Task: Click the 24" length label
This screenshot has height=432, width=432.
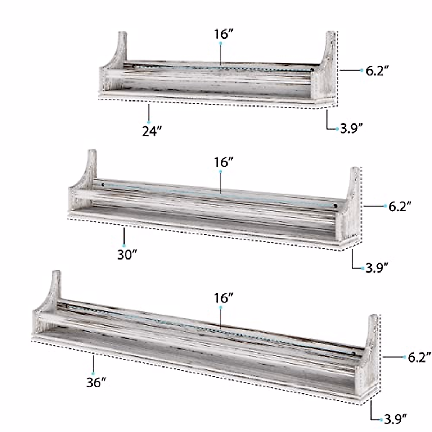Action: [x=152, y=131]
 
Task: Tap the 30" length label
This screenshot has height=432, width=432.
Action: [x=127, y=255]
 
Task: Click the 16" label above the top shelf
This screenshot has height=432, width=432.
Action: [x=224, y=34]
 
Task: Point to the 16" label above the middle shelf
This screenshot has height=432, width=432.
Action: [x=224, y=162]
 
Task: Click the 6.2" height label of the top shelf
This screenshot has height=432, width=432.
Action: [x=377, y=71]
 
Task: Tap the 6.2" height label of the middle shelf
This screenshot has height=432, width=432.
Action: [x=400, y=206]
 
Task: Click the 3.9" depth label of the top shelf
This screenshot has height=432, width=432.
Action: [x=351, y=129]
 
